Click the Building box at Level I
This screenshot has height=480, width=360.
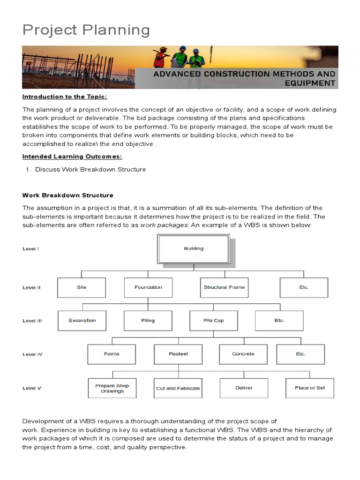[194, 249]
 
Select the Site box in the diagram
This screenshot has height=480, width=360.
[82, 287]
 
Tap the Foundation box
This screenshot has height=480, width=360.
[148, 287]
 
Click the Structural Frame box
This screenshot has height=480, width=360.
[224, 287]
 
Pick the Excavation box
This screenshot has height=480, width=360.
[82, 321]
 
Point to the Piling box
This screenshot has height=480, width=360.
[148, 321]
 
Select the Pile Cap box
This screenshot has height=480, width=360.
[213, 321]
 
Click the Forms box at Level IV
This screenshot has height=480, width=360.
[112, 354]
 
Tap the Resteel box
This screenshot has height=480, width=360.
[178, 354]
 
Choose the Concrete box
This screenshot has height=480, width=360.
[243, 354]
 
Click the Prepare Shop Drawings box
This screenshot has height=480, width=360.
[112, 388]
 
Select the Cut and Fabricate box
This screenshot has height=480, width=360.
[178, 388]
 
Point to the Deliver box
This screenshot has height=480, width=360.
[244, 388]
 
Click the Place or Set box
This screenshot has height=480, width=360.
[310, 388]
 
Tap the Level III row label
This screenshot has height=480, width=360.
[32, 321]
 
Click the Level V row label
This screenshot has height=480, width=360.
[32, 388]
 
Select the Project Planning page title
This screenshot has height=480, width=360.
[86, 30]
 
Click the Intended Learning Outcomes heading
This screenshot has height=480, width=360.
[73, 157]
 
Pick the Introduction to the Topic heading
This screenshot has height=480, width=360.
[65, 97]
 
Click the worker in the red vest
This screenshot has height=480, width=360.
[161, 59]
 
